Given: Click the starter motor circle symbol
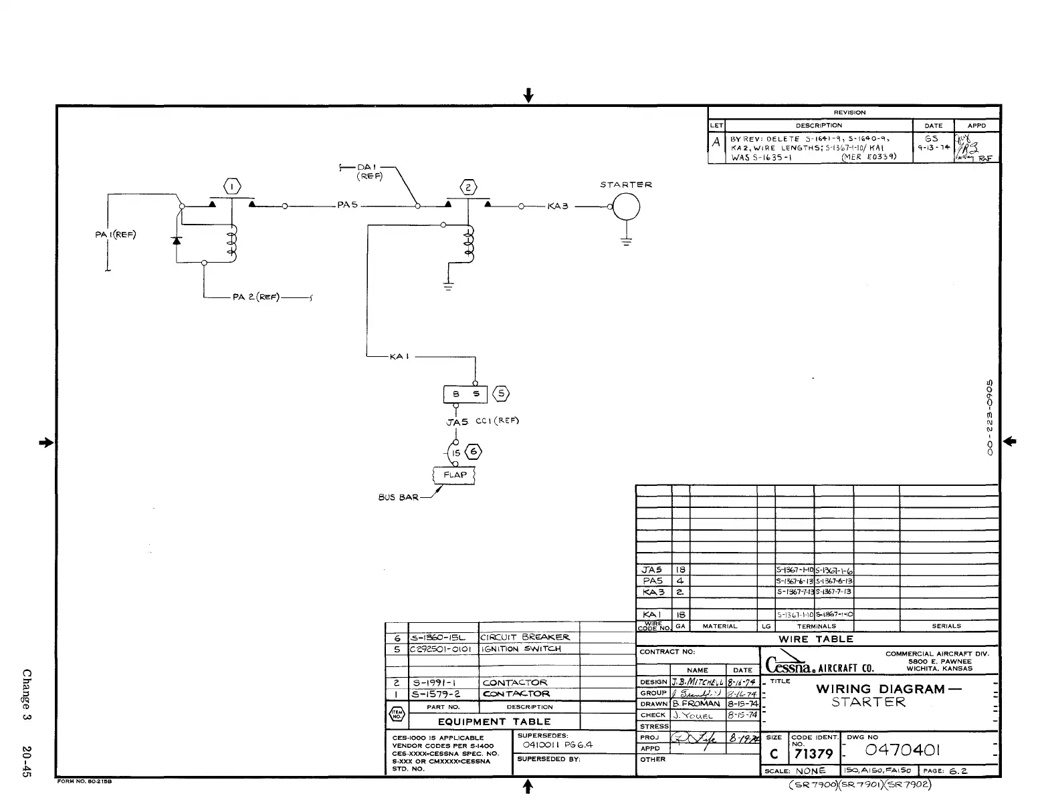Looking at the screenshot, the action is pyautogui.click(x=626, y=207).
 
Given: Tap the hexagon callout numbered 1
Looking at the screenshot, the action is pyautogui.click(x=232, y=187).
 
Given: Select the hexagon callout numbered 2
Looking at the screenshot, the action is pyautogui.click(x=469, y=187).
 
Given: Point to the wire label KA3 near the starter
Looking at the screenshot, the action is pyautogui.click(x=558, y=206).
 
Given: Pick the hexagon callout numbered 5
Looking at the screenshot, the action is pyautogui.click(x=501, y=394).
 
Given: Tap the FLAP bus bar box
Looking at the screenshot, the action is pyautogui.click(x=455, y=475).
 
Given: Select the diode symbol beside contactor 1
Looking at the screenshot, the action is pyautogui.click(x=177, y=240).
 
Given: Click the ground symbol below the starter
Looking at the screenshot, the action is pyautogui.click(x=626, y=242).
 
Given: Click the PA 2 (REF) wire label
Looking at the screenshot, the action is pyautogui.click(x=256, y=297).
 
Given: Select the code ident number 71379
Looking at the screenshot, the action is pyautogui.click(x=813, y=755).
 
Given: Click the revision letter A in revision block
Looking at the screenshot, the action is pyautogui.click(x=716, y=142).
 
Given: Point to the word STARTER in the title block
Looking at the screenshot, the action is pyautogui.click(x=868, y=702).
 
